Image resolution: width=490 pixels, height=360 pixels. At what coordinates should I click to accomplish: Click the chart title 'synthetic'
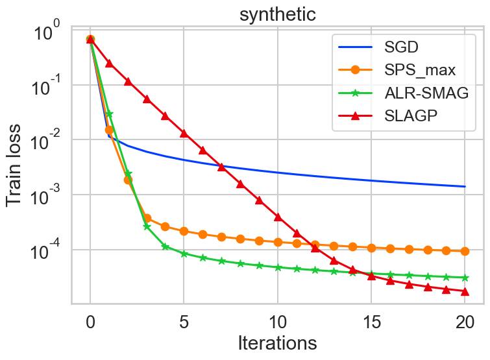pos(277,14)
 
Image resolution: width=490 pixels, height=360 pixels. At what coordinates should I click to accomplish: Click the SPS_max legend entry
pos(400,69)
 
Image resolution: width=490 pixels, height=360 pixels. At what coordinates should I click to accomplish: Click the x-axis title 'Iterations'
pos(277,342)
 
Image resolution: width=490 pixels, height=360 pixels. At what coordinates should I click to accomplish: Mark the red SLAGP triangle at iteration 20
pos(465,291)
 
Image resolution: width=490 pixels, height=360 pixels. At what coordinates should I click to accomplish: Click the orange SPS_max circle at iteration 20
pos(465,251)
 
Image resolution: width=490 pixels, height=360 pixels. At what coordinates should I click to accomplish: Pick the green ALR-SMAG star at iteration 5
pos(184,254)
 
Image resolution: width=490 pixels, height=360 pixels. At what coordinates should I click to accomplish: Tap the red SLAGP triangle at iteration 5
pos(184,133)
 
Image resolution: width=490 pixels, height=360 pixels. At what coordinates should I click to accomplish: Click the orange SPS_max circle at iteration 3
pos(147,219)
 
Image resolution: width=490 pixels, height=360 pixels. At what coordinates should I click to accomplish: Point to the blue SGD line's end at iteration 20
pos(465,187)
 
